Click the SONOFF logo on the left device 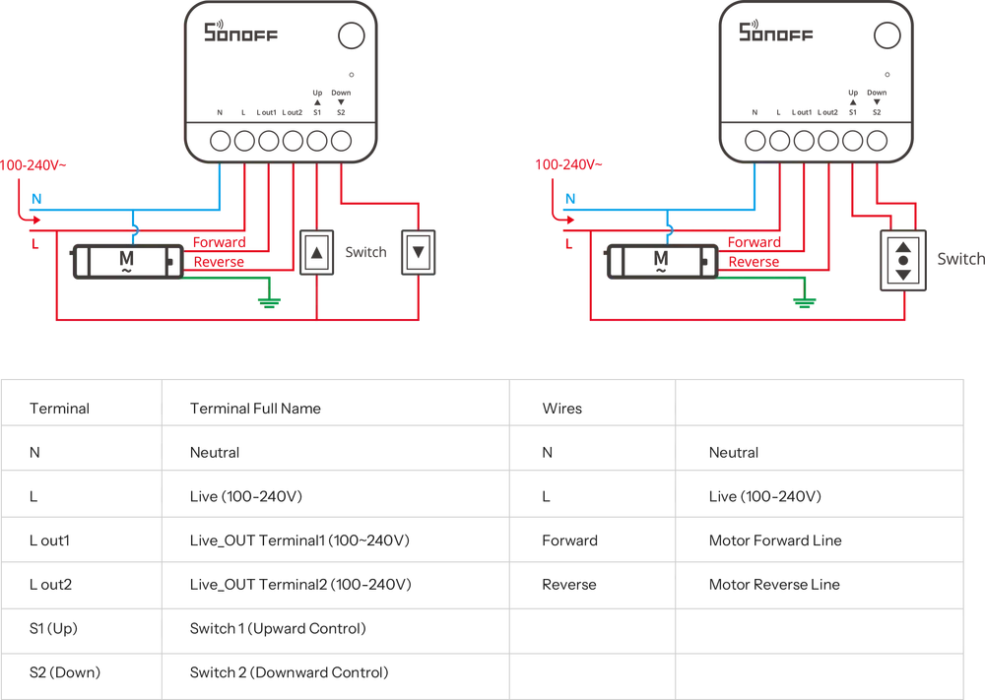pyautogui.click(x=240, y=32)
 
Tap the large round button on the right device pyautogui.click(x=887, y=35)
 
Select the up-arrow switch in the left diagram pyautogui.click(x=316, y=253)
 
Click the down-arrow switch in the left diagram pyautogui.click(x=419, y=253)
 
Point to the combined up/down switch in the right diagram pyautogui.click(x=903, y=261)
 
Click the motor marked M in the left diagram pyautogui.click(x=127, y=261)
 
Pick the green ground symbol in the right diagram pyautogui.click(x=804, y=302)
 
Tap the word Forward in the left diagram pyautogui.click(x=220, y=242)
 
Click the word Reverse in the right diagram pyautogui.click(x=754, y=262)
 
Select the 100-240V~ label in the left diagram pyautogui.click(x=33, y=165)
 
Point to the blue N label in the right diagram pyautogui.click(x=570, y=199)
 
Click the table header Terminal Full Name pyautogui.click(x=255, y=409)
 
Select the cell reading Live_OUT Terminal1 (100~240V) pyautogui.click(x=299, y=541)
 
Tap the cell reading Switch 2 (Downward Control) pyautogui.click(x=289, y=672)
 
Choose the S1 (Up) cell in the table pyautogui.click(x=53, y=628)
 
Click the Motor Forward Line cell pyautogui.click(x=775, y=541)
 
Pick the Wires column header pyautogui.click(x=562, y=409)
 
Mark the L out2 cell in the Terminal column pyautogui.click(x=50, y=585)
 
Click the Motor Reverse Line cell pyautogui.click(x=774, y=585)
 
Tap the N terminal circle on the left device pyautogui.click(x=220, y=141)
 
